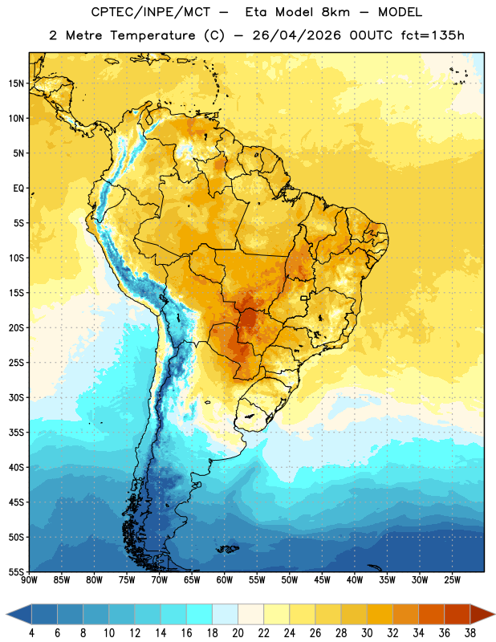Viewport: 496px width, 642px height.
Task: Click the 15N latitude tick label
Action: [x=16, y=83]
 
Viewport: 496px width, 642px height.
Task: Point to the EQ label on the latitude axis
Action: [x=18, y=189]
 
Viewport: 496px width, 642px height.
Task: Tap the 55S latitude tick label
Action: [x=16, y=571]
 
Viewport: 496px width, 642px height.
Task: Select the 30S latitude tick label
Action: [x=16, y=397]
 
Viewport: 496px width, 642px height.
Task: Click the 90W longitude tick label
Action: [x=30, y=580]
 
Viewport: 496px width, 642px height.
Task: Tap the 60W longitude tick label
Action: [x=225, y=580]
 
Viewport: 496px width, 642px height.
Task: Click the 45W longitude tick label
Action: [x=322, y=580]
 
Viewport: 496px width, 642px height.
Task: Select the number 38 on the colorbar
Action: [x=470, y=633]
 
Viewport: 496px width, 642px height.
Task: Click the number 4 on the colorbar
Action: [x=31, y=633]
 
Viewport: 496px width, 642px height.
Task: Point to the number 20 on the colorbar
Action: [x=238, y=633]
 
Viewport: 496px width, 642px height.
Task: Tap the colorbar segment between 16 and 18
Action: [x=200, y=614]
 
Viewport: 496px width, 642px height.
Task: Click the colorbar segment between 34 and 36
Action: [x=431, y=614]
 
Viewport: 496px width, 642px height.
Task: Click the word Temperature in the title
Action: [x=152, y=35]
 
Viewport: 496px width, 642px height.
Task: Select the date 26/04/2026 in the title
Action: [x=296, y=35]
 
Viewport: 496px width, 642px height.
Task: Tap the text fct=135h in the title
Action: [x=433, y=35]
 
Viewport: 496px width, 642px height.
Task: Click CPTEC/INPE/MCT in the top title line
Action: [x=150, y=12]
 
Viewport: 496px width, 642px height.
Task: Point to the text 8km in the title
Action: [x=335, y=12]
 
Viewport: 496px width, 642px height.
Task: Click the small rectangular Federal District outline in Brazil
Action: [x=304, y=298]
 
